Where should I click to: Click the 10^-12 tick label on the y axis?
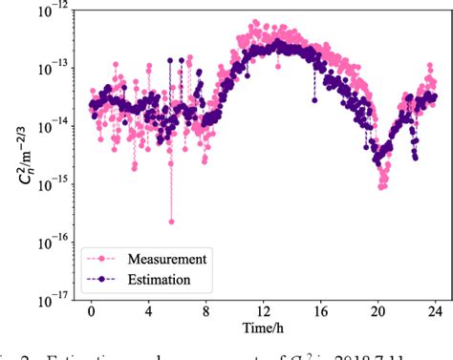[52, 11]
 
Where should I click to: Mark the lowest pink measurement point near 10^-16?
[171, 222]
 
